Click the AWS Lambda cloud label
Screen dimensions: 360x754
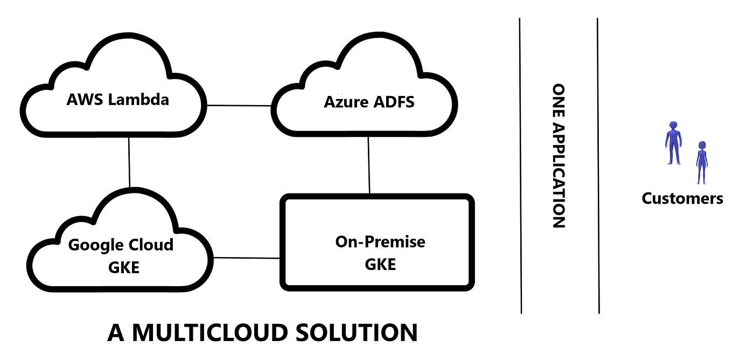click(117, 100)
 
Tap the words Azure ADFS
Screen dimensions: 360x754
click(369, 102)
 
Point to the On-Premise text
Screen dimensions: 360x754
click(380, 242)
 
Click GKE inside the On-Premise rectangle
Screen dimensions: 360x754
click(380, 265)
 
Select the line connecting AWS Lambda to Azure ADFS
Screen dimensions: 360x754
click(239, 106)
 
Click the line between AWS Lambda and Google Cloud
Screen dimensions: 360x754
click(129, 162)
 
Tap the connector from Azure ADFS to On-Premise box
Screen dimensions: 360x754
click(368, 164)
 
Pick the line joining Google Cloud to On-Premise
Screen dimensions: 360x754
click(247, 258)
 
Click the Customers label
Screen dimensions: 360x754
click(682, 198)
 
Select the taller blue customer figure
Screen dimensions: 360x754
click(672, 143)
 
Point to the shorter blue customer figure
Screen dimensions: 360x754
click(701, 162)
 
